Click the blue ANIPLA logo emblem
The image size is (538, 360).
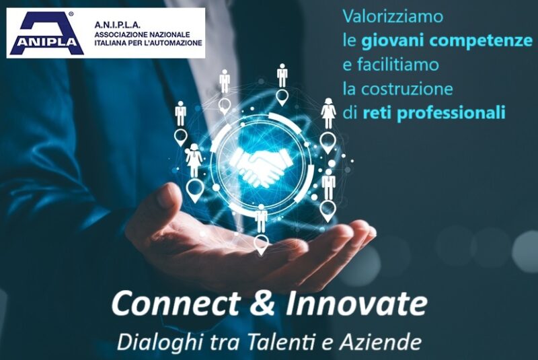point(46,33)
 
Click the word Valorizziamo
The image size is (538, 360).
point(393,16)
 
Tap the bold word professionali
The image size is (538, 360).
point(451,113)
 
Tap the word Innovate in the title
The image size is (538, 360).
point(357,303)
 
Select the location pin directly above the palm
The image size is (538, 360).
point(262,245)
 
